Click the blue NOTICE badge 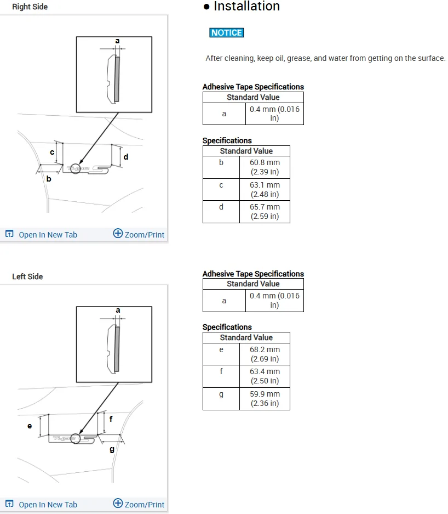coord(226,33)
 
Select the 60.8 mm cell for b coord(265,167)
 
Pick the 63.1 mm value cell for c coord(265,190)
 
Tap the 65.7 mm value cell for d coord(265,212)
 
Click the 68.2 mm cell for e coord(265,354)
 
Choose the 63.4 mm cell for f coord(265,376)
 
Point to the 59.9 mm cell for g coord(265,399)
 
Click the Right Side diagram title coord(30,7)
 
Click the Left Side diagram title coord(27,276)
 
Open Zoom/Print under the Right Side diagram coord(139,234)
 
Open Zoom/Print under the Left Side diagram coord(139,504)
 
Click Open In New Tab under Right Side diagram coord(42,235)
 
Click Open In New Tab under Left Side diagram coord(42,505)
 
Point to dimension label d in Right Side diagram coord(126,157)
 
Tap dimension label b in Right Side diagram coord(49,179)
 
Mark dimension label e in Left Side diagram coord(30,426)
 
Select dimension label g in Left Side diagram coord(112,450)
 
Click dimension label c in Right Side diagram coord(52,152)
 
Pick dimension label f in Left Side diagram coord(111,419)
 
